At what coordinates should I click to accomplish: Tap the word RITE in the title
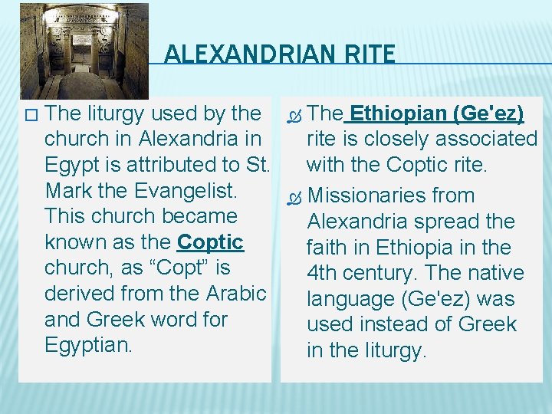click(372, 55)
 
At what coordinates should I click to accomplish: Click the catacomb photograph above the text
click(84, 51)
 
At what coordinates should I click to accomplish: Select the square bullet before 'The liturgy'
click(30, 115)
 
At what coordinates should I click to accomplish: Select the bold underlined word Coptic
click(210, 242)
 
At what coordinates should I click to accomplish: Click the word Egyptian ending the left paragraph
click(88, 345)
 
